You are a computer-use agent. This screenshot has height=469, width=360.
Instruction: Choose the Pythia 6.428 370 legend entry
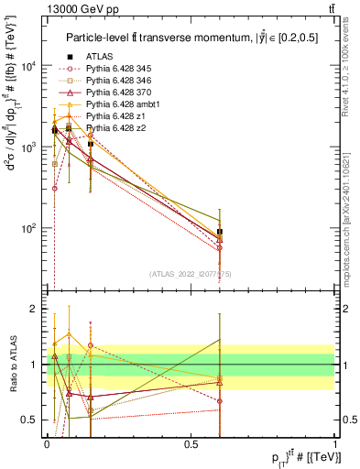(x=117, y=93)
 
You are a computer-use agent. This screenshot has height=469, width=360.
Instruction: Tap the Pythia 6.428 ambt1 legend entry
(x=121, y=106)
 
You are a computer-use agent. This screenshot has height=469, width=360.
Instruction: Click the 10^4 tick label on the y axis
(x=28, y=66)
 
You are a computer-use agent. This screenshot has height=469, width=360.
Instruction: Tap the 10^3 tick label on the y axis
(x=28, y=147)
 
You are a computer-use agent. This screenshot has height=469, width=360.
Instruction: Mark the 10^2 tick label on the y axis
(x=28, y=228)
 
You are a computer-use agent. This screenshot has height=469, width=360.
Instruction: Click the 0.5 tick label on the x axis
(x=191, y=443)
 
